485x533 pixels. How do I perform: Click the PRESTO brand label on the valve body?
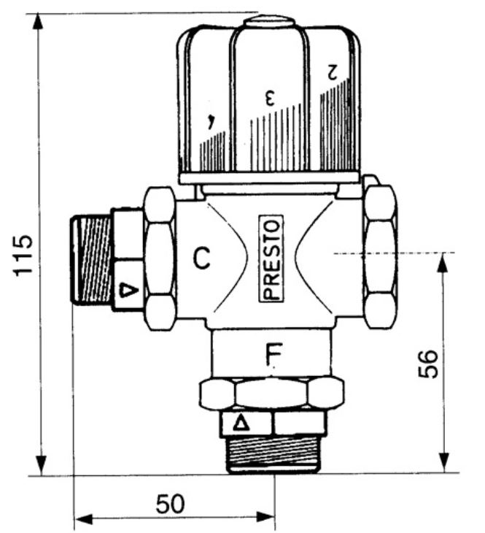272,258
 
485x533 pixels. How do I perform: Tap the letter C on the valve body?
202,258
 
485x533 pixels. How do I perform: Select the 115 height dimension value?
24,255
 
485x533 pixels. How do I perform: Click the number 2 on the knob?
333,72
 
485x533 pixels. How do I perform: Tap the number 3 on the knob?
269,96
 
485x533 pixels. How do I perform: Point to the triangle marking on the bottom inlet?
240,423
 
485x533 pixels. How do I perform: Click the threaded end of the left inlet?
91,260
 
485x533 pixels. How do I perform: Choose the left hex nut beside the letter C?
159,258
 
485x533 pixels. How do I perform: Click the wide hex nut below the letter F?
271,394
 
